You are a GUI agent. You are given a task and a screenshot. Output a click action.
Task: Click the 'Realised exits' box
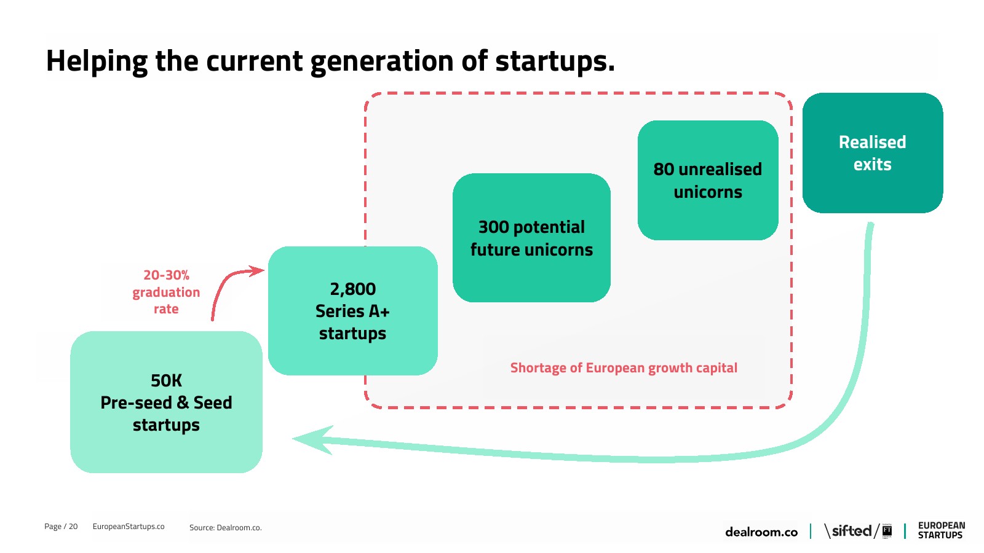[873, 153]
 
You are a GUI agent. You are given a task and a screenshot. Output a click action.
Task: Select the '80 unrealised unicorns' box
[708, 181]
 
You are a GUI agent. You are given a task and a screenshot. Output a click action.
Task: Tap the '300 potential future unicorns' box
[531, 238]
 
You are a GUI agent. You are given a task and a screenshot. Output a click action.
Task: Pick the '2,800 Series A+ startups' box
[353, 311]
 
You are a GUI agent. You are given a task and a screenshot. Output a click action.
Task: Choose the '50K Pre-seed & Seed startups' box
[167, 402]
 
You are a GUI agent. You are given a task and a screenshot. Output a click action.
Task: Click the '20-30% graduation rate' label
[166, 292]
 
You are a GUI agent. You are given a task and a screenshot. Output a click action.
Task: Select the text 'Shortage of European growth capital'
[624, 368]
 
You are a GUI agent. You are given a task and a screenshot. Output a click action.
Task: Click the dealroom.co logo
[761, 532]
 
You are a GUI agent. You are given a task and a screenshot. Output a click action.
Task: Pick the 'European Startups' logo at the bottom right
[942, 530]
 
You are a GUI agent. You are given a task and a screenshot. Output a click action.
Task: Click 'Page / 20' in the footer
[61, 526]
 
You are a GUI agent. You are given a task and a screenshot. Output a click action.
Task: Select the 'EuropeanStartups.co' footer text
[129, 526]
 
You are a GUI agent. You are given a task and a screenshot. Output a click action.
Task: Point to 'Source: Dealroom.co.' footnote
[225, 528]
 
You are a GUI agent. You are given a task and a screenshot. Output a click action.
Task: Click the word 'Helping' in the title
[97, 61]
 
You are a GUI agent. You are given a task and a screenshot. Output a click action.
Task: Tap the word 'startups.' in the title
[555, 61]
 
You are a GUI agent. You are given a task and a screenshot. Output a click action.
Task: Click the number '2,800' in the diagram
[353, 289]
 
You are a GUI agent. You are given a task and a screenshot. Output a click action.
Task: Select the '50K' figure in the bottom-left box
[166, 380]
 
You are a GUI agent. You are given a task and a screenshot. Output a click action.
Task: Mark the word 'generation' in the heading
[382, 61]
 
